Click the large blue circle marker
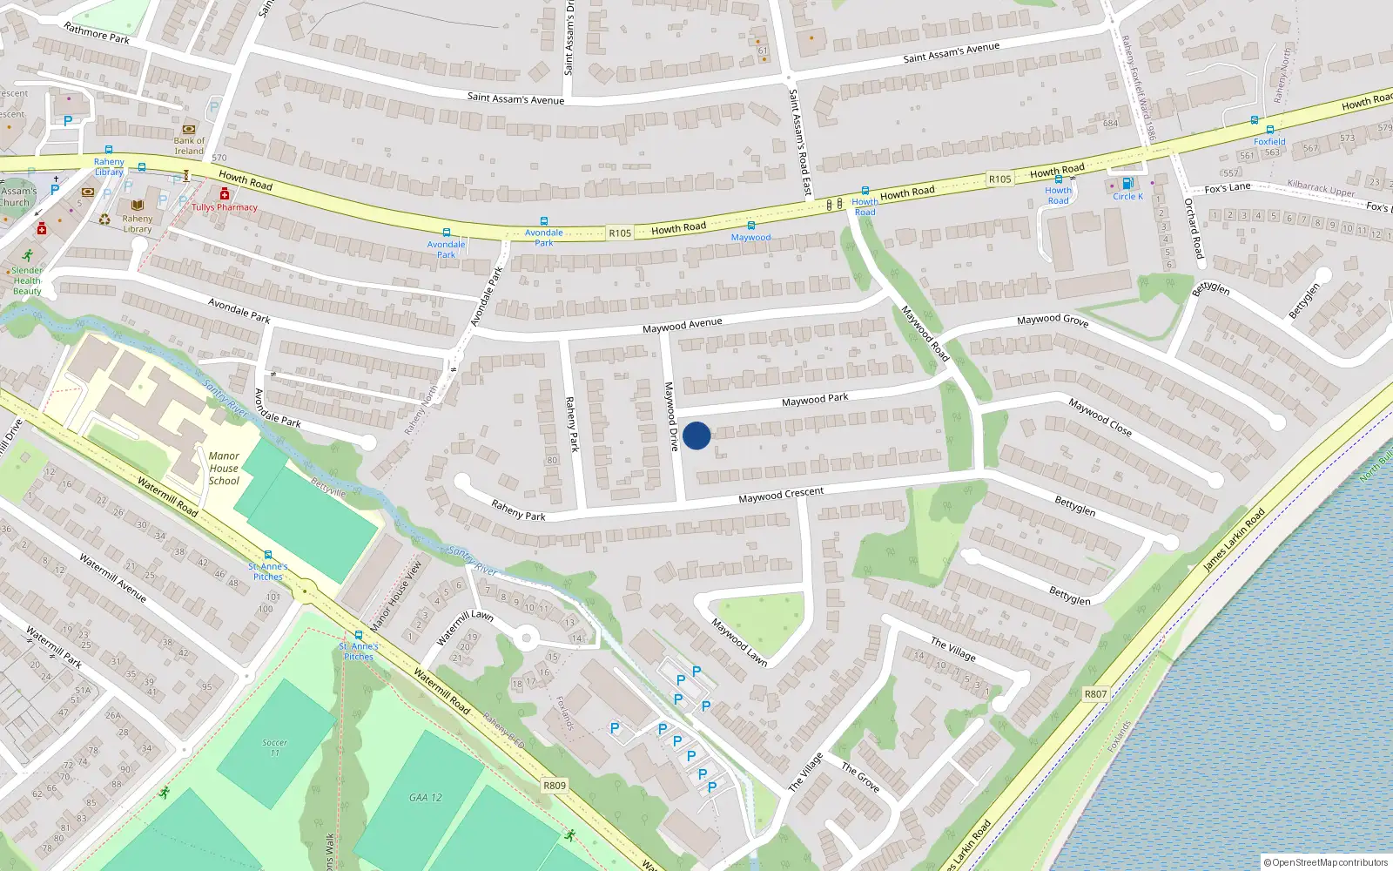point(696,435)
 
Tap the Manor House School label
point(224,469)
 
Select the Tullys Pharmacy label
point(225,207)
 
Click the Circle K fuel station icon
point(1127,184)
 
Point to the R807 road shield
point(1095,694)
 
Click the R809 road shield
point(555,786)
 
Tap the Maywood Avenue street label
point(682,326)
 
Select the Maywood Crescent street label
point(781,495)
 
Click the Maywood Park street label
point(815,400)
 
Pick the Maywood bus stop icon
point(750,226)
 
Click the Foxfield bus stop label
point(1269,141)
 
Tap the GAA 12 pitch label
point(426,797)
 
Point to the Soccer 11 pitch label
point(274,747)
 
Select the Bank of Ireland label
point(189,145)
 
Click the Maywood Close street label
point(1100,417)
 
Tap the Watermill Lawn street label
point(465,627)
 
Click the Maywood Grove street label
point(1053,321)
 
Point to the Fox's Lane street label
point(1228,188)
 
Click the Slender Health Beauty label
point(27,280)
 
